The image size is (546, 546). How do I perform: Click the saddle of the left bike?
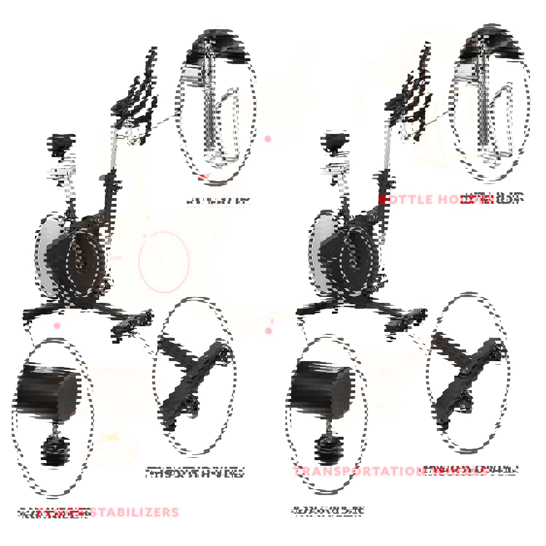click(61, 141)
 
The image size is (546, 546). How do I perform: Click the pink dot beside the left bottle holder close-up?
click(268, 139)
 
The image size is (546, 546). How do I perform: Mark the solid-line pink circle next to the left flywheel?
click(164, 262)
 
